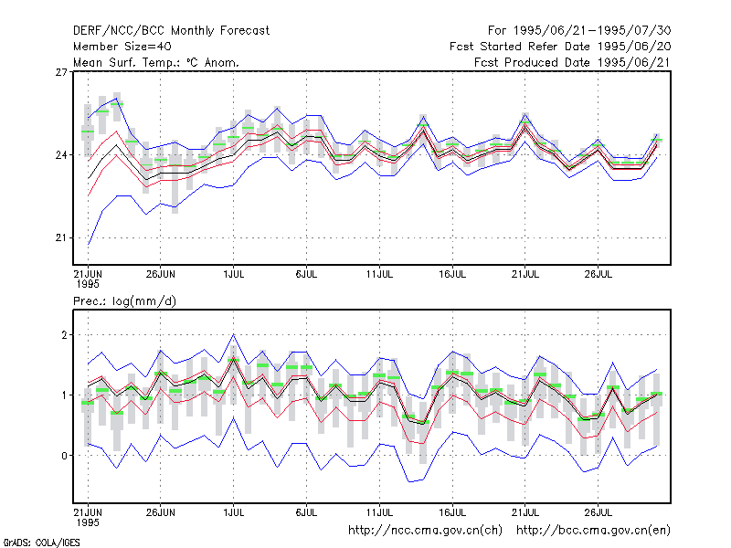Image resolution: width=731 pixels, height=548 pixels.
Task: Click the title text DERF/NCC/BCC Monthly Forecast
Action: pyautogui.click(x=171, y=31)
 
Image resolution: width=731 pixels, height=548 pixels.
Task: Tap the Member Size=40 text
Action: pyautogui.click(x=122, y=47)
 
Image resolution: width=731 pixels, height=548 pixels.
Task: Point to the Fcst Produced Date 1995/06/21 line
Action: pyautogui.click(x=572, y=62)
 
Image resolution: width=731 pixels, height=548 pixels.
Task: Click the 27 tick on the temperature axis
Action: pyautogui.click(x=61, y=72)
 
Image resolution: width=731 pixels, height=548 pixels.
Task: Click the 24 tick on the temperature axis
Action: pyautogui.click(x=61, y=154)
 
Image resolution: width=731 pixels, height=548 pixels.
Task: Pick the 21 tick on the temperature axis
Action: pyautogui.click(x=61, y=237)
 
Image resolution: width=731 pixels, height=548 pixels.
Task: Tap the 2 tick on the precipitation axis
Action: pyautogui.click(x=64, y=335)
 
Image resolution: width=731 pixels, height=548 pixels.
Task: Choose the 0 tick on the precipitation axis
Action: pyautogui.click(x=64, y=455)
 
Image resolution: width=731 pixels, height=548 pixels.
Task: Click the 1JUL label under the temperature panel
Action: pyautogui.click(x=234, y=274)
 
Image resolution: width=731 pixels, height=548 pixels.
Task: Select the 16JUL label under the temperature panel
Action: pyautogui.click(x=452, y=274)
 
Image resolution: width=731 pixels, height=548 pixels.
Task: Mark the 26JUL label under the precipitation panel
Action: pyautogui.click(x=599, y=512)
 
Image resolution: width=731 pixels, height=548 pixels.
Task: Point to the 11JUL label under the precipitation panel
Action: pyautogui.click(x=379, y=512)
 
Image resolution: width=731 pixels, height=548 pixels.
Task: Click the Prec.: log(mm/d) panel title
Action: pyautogui.click(x=124, y=301)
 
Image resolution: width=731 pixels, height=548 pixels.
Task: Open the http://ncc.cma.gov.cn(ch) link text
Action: pyautogui.click(x=425, y=531)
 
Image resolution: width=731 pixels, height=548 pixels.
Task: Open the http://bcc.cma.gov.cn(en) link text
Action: pyautogui.click(x=593, y=531)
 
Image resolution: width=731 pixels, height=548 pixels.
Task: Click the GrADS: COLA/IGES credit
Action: pyautogui.click(x=41, y=543)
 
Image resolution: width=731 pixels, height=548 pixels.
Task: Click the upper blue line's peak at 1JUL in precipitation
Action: pyautogui.click(x=234, y=334)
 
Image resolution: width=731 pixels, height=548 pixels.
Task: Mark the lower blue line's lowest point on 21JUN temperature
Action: pyautogui.click(x=89, y=244)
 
